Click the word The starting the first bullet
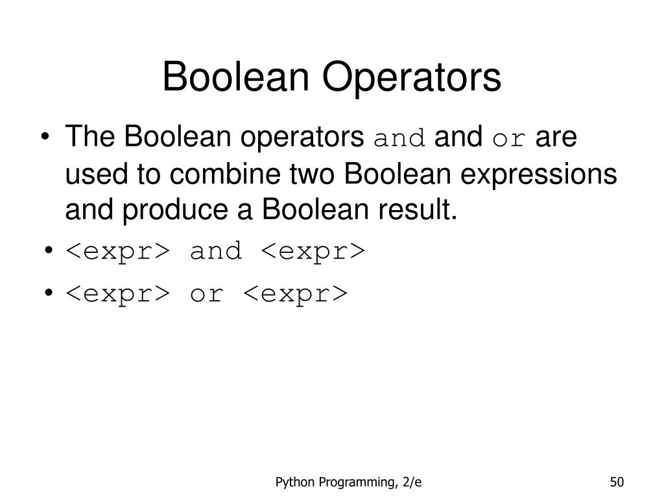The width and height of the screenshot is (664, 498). (x=89, y=137)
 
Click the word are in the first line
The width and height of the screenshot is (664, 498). (x=557, y=137)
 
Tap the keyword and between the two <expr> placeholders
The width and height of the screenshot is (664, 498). (x=215, y=251)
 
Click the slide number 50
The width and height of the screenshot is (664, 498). (x=616, y=482)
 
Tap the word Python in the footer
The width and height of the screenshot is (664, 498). (x=294, y=482)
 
